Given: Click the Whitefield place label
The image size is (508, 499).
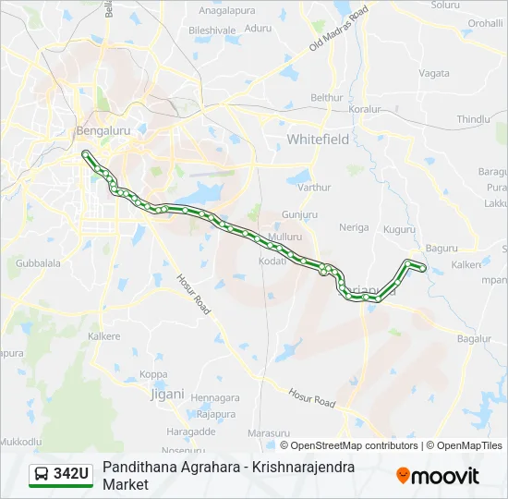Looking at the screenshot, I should pos(318,140).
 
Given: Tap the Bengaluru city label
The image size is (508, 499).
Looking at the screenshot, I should pos(105,131).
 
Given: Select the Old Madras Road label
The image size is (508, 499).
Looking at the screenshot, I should pos(338,29).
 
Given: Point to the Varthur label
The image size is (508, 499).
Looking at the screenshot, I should pos(314,188).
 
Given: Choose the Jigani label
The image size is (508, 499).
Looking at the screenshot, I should pos(167,393).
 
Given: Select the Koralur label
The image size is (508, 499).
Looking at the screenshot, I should pos(365,109).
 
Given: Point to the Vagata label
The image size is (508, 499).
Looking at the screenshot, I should pos(434,73).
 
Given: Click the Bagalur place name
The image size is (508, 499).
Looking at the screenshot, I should pos(474,339).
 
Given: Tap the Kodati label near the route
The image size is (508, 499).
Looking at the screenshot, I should pos(272,262).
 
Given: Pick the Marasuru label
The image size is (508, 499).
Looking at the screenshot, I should pos(270,432).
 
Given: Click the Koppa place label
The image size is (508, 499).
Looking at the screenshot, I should pos(153,374).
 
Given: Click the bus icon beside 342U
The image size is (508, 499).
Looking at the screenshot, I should pos(42,475).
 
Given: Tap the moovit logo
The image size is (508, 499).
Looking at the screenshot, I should pos(438,476).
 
